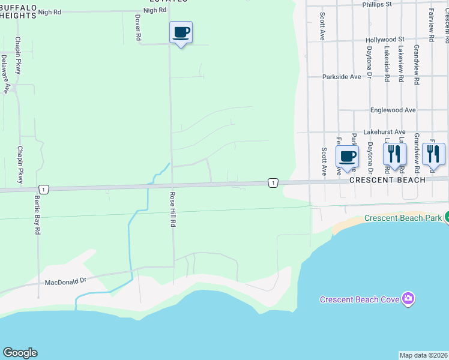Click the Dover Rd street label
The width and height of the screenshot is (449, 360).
coord(138,28)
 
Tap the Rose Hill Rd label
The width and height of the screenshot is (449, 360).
coord(172,209)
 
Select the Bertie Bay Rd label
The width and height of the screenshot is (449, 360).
coord(37,214)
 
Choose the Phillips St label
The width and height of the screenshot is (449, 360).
coord(376,4)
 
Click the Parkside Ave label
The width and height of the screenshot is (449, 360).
coord(342,77)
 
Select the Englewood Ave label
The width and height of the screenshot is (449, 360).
coord(393,110)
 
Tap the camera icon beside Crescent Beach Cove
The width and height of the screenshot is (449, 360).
coord(409,298)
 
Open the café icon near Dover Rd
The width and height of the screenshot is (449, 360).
coord(181,32)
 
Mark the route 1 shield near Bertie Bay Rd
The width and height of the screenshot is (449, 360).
coord(44,189)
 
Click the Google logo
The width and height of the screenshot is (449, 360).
coord(20,353)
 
